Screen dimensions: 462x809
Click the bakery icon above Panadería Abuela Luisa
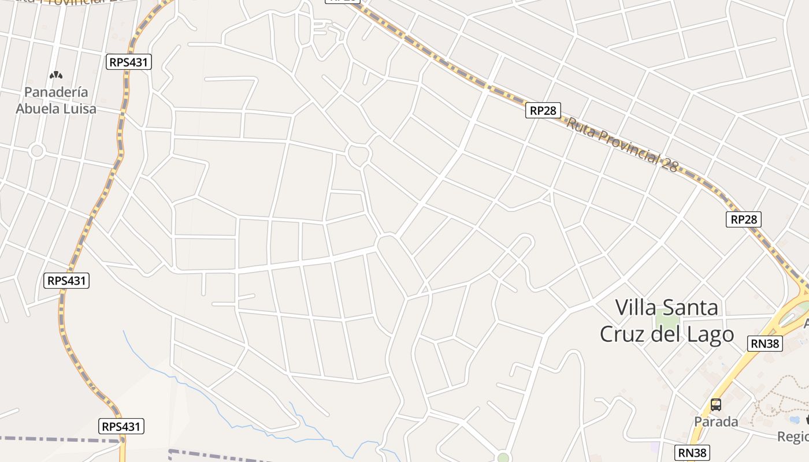[56, 74]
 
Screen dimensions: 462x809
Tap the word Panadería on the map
[56, 92]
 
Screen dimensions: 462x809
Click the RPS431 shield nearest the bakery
[128, 62]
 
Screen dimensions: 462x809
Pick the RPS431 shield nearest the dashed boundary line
[121, 427]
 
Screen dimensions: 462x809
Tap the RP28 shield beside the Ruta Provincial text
[543, 110]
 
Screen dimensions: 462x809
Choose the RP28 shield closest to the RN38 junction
[743, 219]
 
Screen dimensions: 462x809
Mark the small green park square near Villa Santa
[666, 318]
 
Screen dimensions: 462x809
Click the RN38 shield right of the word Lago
[765, 344]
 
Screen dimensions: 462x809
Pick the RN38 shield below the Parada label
[692, 452]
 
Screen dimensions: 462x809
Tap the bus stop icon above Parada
[716, 405]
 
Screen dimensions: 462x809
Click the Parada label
[716, 422]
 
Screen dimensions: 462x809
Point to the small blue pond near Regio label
[796, 419]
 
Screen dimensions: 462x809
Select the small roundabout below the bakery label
[38, 151]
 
